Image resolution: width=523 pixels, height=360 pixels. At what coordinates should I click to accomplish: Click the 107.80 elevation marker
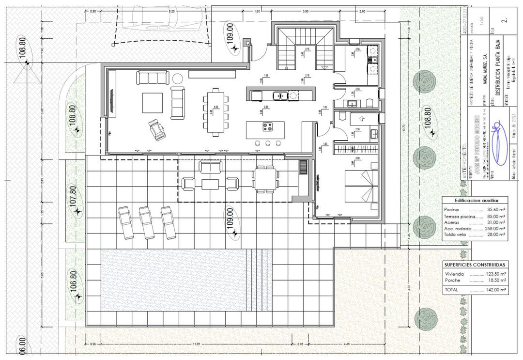coord(74,200)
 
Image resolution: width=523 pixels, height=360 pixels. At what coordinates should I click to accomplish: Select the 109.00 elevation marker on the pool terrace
coord(231,222)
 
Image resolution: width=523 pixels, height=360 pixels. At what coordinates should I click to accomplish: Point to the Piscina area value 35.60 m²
coord(495,209)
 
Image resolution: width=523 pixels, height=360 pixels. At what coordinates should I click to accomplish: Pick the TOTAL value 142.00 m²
coord(495,290)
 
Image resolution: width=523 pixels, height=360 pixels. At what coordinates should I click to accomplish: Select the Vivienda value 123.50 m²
coord(495,274)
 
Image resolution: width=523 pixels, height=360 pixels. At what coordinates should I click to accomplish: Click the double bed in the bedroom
coord(361,187)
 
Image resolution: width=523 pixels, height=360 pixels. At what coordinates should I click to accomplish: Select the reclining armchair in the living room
coord(157,130)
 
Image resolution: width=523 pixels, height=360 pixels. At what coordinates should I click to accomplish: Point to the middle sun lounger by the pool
coord(146,222)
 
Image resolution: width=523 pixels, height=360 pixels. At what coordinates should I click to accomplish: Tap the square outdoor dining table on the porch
coord(264,179)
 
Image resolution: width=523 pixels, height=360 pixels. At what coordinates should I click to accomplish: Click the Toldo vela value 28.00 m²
coord(495,235)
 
